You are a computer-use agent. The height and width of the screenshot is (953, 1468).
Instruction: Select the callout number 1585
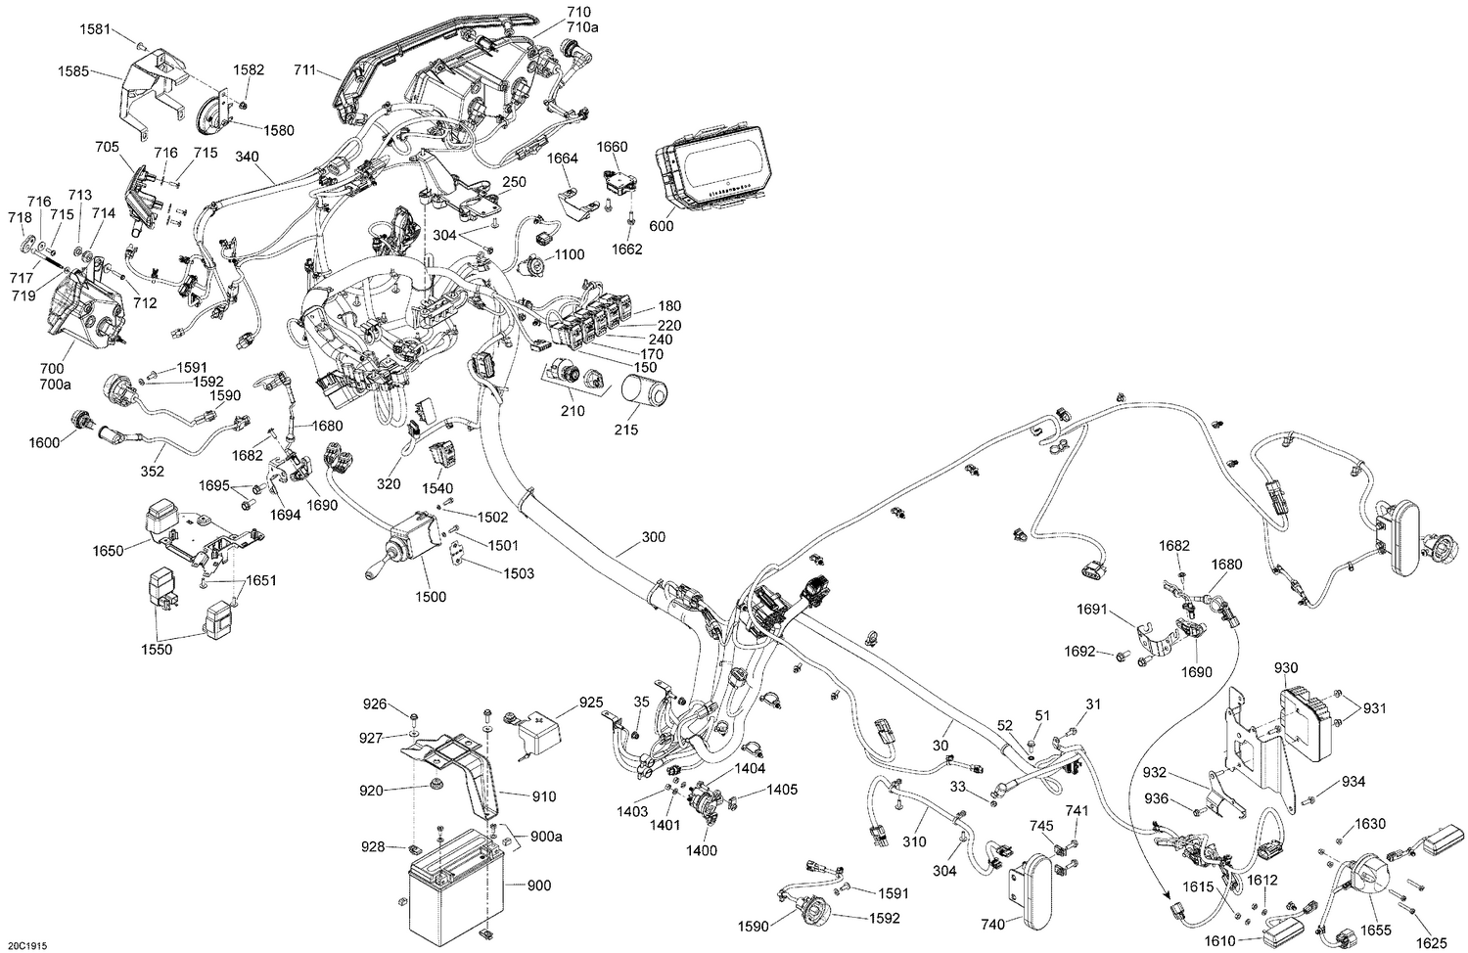click(x=73, y=71)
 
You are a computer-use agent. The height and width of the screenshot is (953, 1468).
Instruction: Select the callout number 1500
click(x=431, y=597)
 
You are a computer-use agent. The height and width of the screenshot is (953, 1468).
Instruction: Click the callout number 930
click(x=1286, y=667)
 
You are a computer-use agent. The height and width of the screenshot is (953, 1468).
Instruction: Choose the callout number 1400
click(x=701, y=850)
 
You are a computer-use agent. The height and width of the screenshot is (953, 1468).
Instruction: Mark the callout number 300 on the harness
click(x=653, y=537)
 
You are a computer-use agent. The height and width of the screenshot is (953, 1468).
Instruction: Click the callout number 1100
click(x=569, y=254)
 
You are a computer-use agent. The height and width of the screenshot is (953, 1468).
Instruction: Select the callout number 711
click(x=304, y=69)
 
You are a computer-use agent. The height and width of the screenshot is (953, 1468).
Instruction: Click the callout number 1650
click(x=108, y=551)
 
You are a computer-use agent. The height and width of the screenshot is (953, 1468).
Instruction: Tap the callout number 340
click(x=248, y=157)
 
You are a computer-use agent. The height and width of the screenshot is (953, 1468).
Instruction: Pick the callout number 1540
click(x=437, y=487)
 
